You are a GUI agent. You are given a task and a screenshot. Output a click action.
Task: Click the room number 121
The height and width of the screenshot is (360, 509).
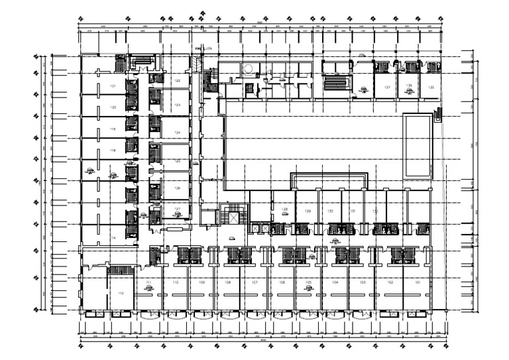113,87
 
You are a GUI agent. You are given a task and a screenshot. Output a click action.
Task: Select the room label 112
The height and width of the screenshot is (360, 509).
121,292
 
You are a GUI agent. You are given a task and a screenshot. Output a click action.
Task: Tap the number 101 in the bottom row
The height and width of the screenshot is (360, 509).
418,282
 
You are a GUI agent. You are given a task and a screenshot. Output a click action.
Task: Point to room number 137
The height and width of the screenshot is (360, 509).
387,87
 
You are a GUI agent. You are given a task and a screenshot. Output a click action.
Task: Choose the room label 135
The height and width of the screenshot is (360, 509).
431,87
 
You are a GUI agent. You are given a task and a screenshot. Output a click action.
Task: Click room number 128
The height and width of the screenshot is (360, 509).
284,210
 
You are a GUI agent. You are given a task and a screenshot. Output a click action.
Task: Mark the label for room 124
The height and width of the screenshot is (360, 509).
177,133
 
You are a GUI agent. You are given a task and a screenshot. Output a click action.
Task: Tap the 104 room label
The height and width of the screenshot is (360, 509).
335,282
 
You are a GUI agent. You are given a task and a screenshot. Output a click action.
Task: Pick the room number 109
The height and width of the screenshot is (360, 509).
201,282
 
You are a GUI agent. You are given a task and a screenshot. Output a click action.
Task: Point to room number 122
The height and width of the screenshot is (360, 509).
177,80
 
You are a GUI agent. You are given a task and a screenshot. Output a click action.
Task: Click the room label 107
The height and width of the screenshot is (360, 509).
254,282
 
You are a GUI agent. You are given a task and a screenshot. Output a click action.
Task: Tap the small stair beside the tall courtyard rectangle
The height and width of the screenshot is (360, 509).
437,115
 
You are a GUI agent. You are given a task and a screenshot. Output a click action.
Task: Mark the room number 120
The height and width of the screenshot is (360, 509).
113,107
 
